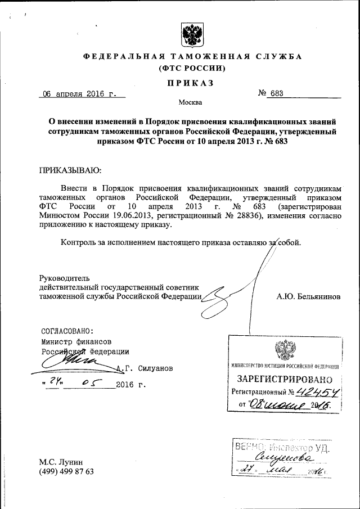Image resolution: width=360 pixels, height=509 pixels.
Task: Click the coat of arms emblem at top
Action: pyautogui.click(x=193, y=35)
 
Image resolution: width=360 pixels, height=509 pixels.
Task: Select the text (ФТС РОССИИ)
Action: pyautogui.click(x=193, y=69)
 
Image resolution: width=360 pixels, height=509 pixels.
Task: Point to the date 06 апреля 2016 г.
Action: pyautogui.click(x=79, y=94)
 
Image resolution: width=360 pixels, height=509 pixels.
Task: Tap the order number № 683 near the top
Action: pyautogui.click(x=271, y=94)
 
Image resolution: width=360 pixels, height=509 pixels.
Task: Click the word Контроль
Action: pyautogui.click(x=80, y=243)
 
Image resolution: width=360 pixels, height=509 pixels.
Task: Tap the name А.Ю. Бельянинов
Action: pyautogui.click(x=308, y=296)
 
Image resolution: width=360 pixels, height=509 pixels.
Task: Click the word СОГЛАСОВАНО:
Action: pyautogui.click(x=67, y=331)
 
